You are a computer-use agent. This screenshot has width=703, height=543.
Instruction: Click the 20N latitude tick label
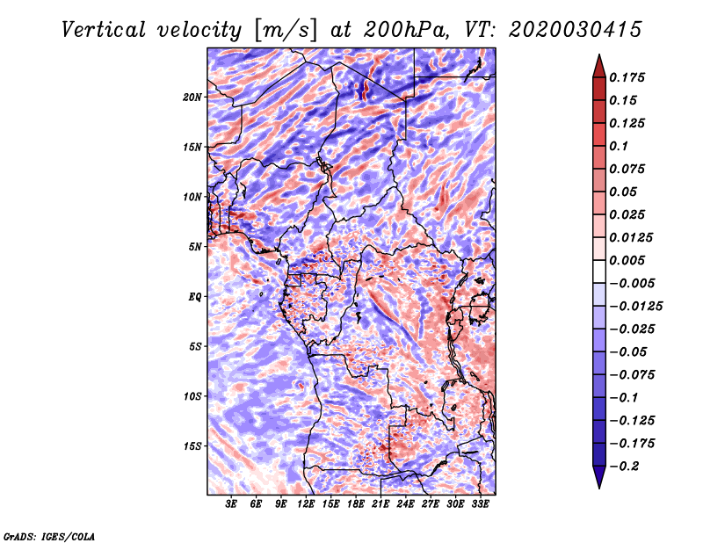click(x=192, y=97)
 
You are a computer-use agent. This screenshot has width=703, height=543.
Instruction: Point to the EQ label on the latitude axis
click(x=195, y=297)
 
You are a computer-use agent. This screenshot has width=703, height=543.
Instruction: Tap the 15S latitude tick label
click(x=192, y=446)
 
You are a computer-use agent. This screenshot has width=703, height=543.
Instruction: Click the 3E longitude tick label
click(x=232, y=506)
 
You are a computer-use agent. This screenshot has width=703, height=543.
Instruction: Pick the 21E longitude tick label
click(x=380, y=506)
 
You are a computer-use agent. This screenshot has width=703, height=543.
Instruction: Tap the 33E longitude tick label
click(x=480, y=506)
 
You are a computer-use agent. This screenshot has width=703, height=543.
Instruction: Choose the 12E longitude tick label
click(x=307, y=506)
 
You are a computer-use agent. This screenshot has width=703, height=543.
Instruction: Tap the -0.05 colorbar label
click(x=629, y=351)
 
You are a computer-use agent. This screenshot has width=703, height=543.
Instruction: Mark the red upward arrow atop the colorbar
click(x=598, y=64)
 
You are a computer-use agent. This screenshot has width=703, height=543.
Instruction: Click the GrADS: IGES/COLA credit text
click(x=48, y=535)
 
